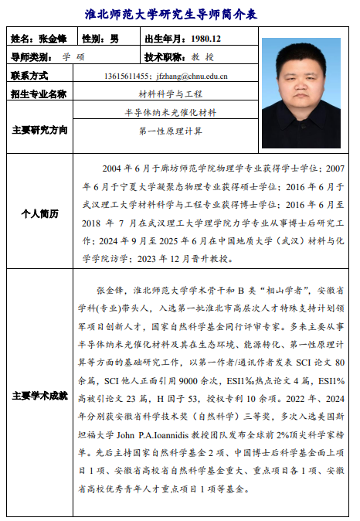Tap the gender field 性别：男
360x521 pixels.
[100, 39]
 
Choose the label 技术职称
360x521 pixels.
[165, 57]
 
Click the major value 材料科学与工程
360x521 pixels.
[171, 94]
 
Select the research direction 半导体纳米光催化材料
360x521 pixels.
[171, 113]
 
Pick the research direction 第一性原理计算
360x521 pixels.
[171, 131]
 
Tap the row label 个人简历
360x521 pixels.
[39, 213]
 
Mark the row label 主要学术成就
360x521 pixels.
[39, 396]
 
